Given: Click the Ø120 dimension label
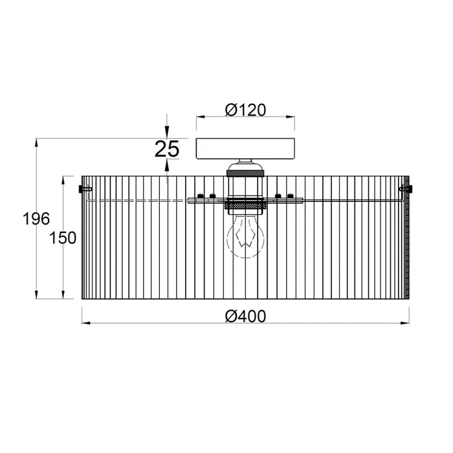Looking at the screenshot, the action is (x=245, y=110).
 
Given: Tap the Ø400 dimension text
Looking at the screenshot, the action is (x=245, y=316).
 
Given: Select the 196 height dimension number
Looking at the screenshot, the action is (x=36, y=219).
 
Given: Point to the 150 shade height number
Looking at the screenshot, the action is (x=63, y=238).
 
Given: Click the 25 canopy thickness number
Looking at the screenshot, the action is (x=167, y=149).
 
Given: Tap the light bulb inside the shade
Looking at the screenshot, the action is (x=245, y=236).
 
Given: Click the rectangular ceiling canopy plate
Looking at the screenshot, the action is (x=245, y=148).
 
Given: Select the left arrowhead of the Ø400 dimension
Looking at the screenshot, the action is (x=86, y=323).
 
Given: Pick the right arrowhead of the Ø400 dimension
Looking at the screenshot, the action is (x=405, y=323).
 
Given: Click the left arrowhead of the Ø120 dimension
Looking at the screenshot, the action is (x=200, y=116).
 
